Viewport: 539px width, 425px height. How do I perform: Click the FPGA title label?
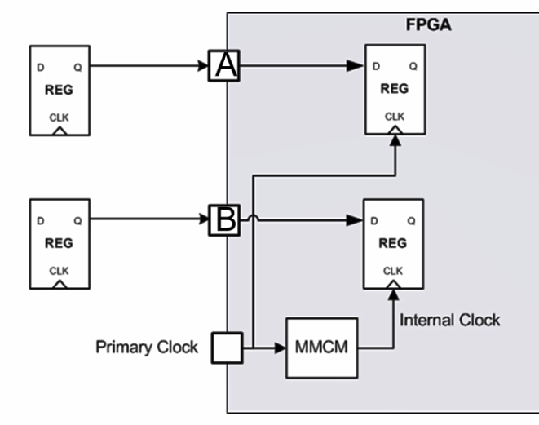[428, 24]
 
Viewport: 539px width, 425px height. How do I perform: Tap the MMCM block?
[321, 348]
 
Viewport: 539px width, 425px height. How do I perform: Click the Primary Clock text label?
[147, 348]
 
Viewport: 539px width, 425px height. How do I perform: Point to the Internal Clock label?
[449, 320]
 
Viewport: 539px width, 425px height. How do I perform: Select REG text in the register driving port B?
[59, 242]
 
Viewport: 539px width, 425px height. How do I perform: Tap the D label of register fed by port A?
[375, 66]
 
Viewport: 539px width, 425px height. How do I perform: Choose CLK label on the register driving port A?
[59, 117]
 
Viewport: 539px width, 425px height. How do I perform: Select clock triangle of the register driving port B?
[59, 285]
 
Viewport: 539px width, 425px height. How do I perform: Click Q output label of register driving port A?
[78, 66]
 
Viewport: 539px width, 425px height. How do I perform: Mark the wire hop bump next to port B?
[254, 218]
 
